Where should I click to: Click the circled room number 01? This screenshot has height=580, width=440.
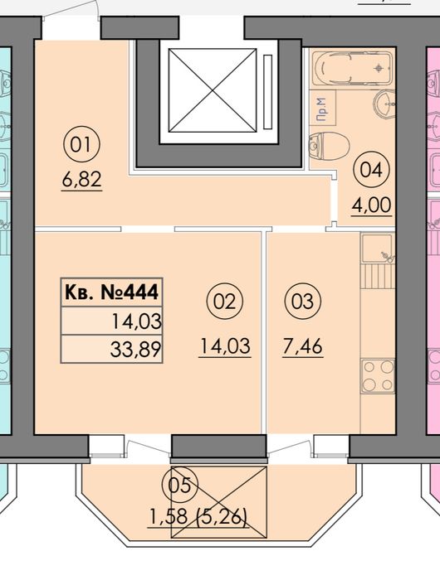[81, 145]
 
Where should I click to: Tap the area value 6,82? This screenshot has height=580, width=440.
[82, 180]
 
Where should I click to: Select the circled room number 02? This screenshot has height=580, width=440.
[224, 302]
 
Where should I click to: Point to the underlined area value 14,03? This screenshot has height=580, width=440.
[225, 346]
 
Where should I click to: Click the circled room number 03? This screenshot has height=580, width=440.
[302, 302]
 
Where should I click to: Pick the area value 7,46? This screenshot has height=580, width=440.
[302, 346]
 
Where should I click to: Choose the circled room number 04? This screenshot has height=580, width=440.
[371, 171]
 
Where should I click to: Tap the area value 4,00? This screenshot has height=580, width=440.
[371, 205]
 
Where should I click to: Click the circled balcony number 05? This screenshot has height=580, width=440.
[180, 485]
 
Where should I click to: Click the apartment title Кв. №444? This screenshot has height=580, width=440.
[111, 292]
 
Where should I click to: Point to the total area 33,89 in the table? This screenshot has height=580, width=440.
[135, 349]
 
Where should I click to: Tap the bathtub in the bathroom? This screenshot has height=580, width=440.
[352, 69]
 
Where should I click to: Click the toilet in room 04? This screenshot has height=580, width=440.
[329, 146]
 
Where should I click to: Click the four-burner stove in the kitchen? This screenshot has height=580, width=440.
[378, 376]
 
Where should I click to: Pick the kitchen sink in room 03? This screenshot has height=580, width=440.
[378, 249]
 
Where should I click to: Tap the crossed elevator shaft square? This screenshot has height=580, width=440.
[213, 90]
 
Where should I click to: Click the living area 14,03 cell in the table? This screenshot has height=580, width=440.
[111, 321]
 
